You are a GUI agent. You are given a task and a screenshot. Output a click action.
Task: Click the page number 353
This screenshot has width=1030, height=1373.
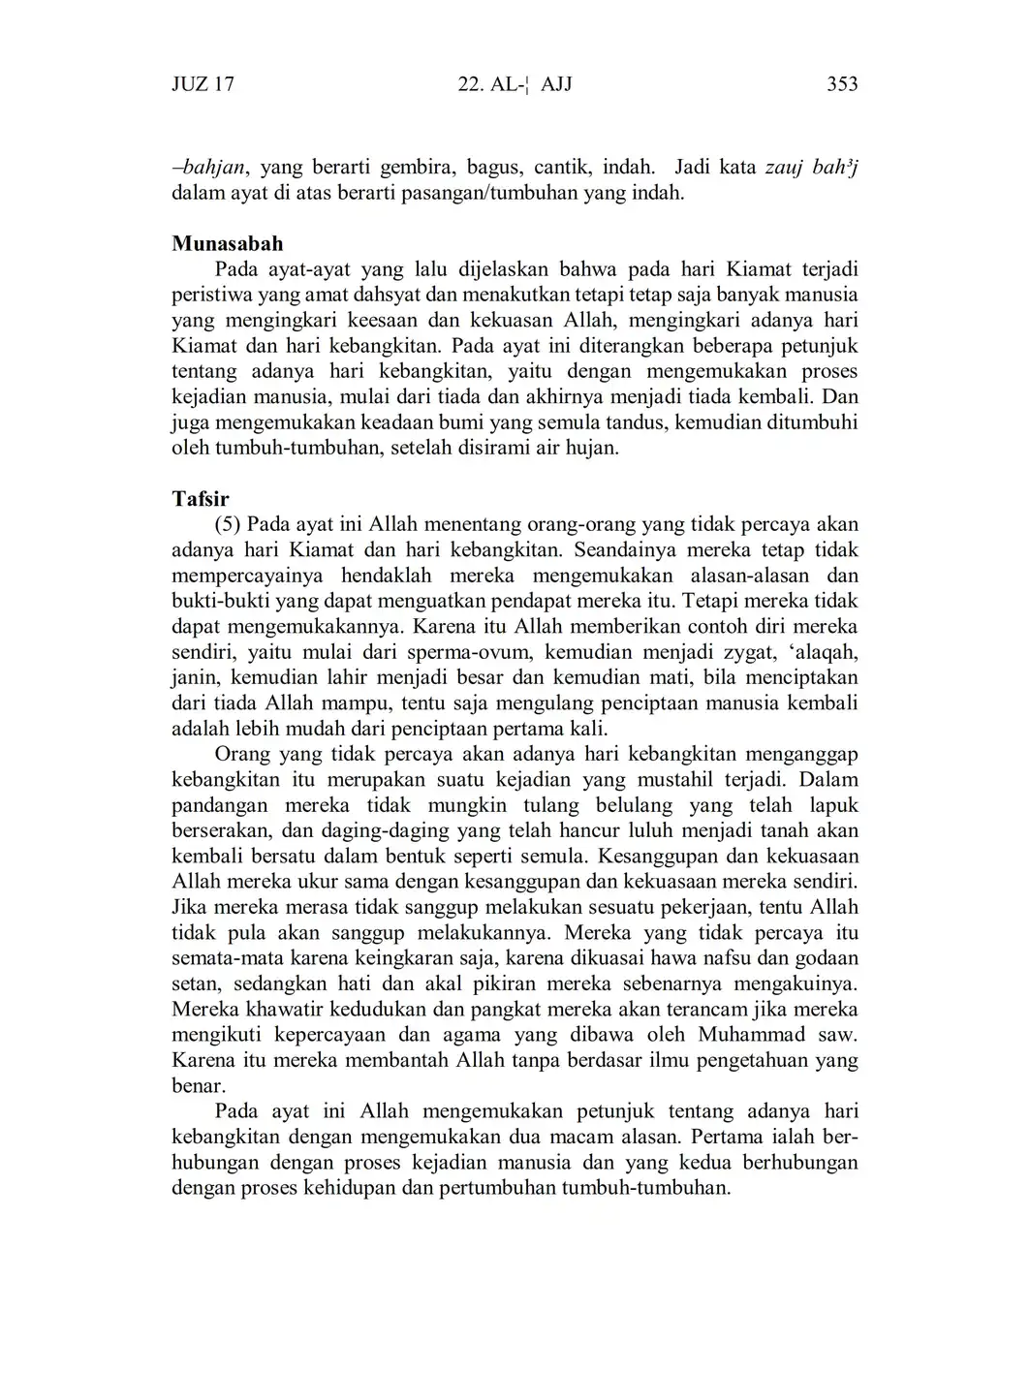click(841, 84)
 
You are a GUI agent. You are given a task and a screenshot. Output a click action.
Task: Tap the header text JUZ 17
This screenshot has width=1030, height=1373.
click(203, 84)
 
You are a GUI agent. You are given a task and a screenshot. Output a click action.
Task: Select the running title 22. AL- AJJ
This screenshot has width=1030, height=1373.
click(514, 84)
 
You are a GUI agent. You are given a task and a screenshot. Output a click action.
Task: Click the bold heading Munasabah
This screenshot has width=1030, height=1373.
click(228, 243)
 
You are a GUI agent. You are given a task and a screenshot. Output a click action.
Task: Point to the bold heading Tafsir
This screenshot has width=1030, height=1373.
click(201, 499)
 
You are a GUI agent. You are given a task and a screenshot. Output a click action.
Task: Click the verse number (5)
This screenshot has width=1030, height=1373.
click(228, 525)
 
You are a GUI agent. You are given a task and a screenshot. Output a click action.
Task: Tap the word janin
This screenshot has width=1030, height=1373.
click(196, 678)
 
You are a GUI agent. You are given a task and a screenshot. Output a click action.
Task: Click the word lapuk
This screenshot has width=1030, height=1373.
click(834, 805)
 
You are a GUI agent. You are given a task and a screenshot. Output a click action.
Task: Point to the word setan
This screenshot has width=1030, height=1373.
click(196, 984)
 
